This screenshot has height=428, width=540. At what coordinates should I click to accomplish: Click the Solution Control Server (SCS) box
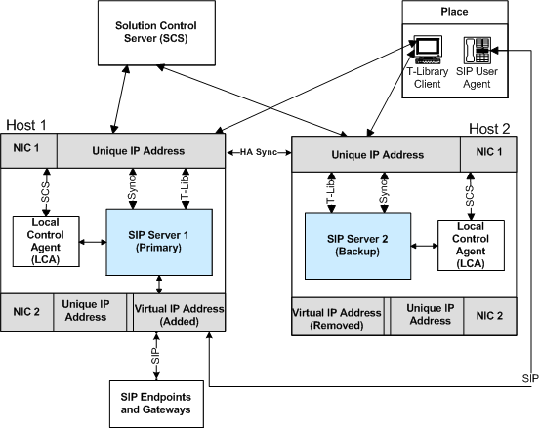click(x=156, y=32)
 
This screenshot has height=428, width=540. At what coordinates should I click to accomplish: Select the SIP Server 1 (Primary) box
click(x=159, y=242)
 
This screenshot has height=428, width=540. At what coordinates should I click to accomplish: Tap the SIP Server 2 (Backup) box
click(x=357, y=246)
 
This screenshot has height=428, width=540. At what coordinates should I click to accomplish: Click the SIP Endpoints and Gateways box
click(x=156, y=404)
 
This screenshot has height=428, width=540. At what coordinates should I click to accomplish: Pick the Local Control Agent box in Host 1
click(x=46, y=242)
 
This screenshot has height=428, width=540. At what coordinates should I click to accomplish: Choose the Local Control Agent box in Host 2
click(x=471, y=246)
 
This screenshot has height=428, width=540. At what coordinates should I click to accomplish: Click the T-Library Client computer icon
click(x=428, y=50)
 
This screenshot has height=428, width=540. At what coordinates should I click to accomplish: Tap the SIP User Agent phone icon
click(x=477, y=50)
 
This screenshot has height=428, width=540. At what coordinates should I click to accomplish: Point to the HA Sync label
click(x=259, y=152)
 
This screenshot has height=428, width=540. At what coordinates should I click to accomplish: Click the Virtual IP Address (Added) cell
click(x=179, y=313)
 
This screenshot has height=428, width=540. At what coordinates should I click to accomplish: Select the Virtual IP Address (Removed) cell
click(x=338, y=317)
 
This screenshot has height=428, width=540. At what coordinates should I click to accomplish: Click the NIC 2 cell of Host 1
click(x=27, y=313)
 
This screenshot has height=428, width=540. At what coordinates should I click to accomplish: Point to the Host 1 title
click(x=26, y=125)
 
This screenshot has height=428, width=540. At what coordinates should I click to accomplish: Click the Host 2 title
click(x=489, y=129)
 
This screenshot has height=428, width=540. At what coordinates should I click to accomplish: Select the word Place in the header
click(x=454, y=12)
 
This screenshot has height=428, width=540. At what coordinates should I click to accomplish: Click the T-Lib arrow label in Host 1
click(x=186, y=191)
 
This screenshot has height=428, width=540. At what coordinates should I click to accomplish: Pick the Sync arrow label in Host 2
click(x=384, y=191)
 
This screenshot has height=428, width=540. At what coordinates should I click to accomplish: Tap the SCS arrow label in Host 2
click(x=471, y=196)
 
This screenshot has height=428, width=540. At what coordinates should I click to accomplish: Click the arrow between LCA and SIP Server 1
click(x=93, y=242)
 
